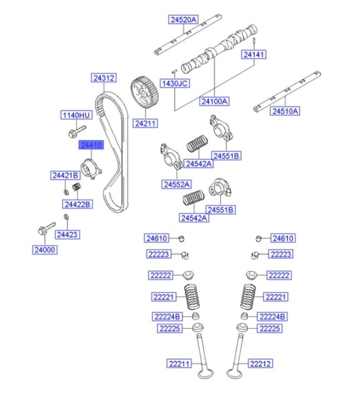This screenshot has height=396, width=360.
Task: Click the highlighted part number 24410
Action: [91, 145]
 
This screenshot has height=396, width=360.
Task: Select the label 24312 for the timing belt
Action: [104, 78]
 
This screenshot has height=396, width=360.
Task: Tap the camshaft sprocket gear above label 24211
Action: [145, 94]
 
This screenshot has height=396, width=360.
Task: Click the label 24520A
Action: [184, 19]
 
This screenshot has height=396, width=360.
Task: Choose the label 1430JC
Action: [174, 83]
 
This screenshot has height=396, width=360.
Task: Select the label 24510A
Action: [285, 111]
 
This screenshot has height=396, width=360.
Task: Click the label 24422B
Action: [77, 204]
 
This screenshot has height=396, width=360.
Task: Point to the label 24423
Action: [67, 235]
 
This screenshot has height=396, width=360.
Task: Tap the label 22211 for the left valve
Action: [178, 363]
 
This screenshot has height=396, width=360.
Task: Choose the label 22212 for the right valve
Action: [261, 363]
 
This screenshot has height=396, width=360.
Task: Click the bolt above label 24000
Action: [45, 228]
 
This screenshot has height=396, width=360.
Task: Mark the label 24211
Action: [145, 124]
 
